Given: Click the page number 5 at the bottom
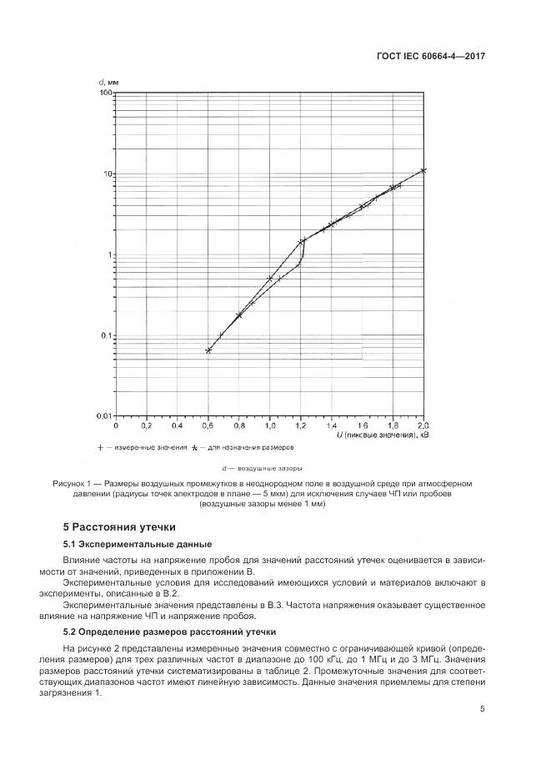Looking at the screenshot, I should tap(483, 709).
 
